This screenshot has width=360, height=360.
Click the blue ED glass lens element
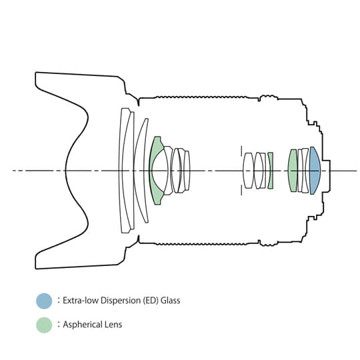pos(315,171)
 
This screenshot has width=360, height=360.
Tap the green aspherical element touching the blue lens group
pos(293,171)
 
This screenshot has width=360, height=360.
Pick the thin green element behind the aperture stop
pos(271,171)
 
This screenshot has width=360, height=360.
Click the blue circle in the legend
pos(44,301)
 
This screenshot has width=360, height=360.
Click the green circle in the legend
pos(44,325)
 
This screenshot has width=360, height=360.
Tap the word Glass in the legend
pos(170,300)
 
